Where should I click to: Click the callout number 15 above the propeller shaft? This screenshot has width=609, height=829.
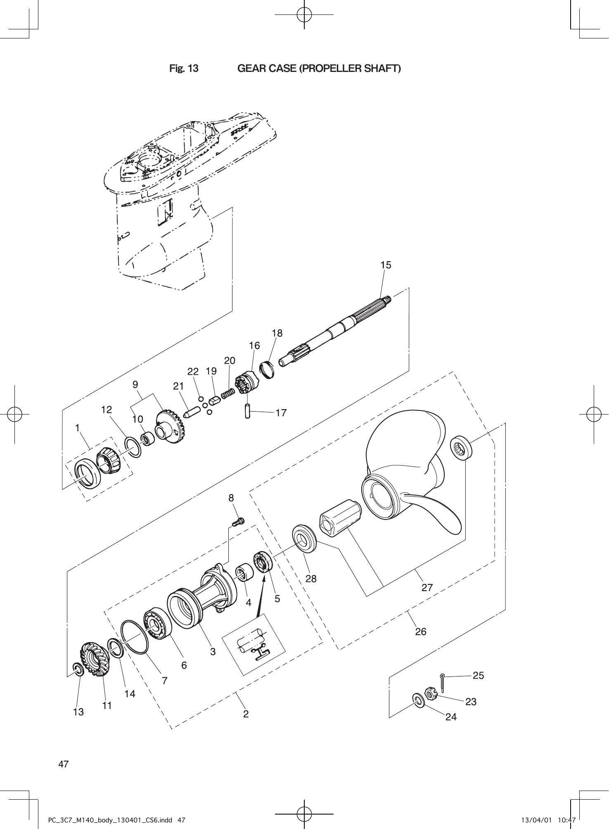tap(386, 265)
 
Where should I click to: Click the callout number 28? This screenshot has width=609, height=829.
tap(311, 579)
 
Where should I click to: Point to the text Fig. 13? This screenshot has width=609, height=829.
tap(184, 68)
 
